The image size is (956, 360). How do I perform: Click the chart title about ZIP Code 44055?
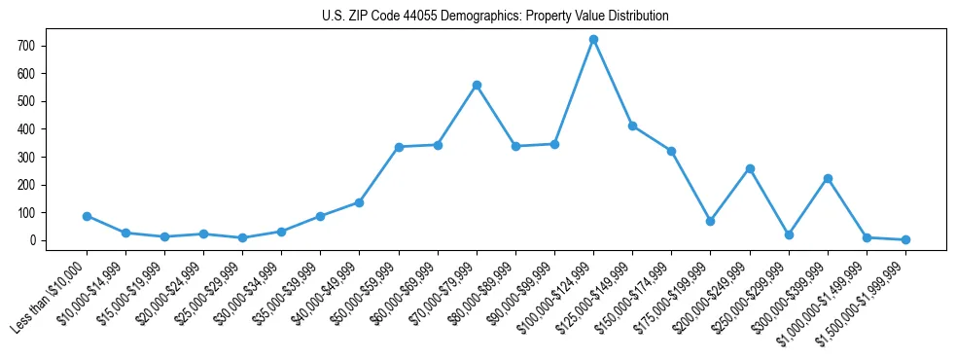pos(495,17)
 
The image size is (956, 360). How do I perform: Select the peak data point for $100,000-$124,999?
pos(593,39)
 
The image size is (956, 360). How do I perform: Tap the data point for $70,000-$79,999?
pos(477,85)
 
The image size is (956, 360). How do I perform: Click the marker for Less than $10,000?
pos(87,216)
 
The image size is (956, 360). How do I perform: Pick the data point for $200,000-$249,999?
pos(750,168)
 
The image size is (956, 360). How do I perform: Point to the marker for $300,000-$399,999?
pos(828,178)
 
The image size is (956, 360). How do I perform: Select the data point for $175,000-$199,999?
pos(711,221)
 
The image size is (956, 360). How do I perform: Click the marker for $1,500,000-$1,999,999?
pos(905,239)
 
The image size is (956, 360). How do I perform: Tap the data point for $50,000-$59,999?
pos(399,147)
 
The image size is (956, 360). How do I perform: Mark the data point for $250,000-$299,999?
pos(789,234)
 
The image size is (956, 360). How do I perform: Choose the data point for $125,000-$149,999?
pos(632,126)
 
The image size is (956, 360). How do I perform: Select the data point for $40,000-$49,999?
pos(360,202)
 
